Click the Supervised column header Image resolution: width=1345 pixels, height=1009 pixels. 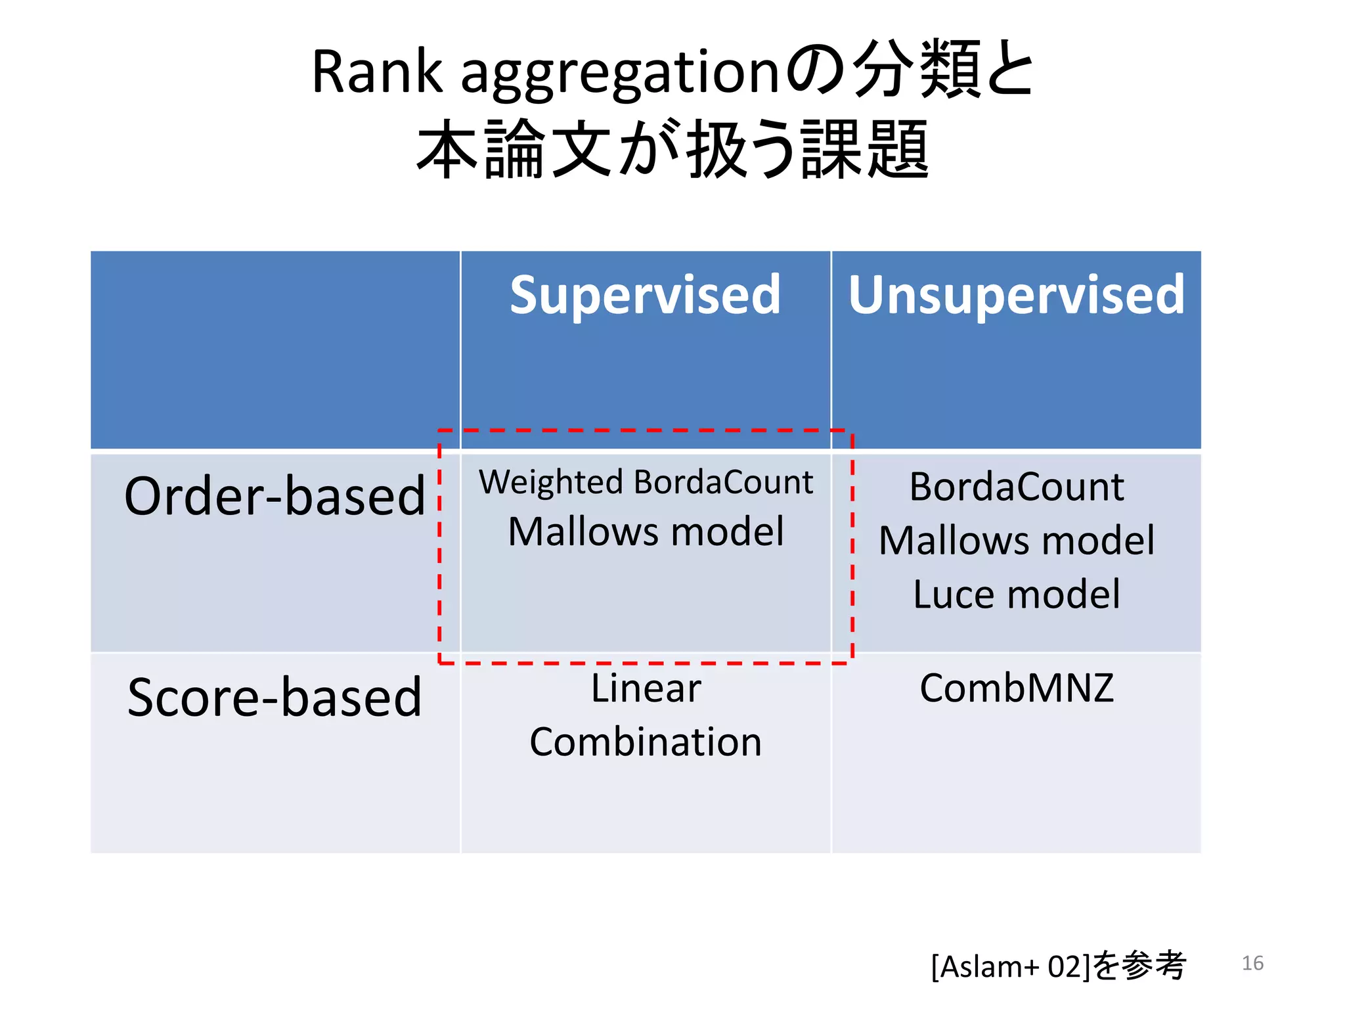645,296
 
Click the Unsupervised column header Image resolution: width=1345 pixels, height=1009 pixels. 1016,296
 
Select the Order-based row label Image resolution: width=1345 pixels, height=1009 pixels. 275,496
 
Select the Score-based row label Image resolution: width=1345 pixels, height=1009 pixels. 275,697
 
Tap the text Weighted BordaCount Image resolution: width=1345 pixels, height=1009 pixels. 646,483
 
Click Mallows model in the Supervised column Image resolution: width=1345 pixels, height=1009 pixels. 646,531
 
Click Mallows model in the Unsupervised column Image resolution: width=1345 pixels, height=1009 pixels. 1016,541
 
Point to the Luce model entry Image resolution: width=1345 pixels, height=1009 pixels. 1016,594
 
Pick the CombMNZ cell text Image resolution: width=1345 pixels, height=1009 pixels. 1016,688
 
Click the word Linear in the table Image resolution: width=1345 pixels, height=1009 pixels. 646,688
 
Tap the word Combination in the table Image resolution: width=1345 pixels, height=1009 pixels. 646,742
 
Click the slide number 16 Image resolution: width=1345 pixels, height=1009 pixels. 1252,963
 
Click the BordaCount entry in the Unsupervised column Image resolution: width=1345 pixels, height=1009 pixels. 1016,487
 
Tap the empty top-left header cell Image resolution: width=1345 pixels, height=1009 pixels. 275,349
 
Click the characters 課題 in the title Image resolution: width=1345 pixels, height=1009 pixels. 864,150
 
